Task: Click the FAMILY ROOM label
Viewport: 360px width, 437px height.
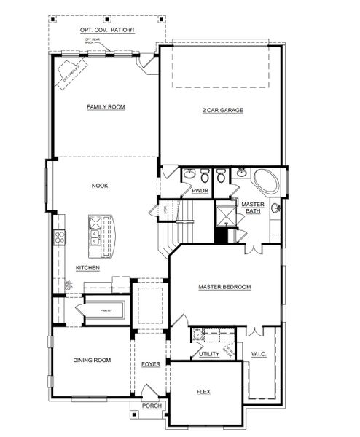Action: pos(106,107)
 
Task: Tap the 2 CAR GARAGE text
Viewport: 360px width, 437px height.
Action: pos(222,111)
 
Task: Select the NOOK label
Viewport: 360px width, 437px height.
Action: pos(100,186)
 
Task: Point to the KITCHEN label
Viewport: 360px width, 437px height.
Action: pos(87,268)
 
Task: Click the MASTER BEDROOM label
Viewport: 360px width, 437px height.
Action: pos(224,288)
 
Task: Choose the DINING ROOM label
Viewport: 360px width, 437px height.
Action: pos(92,360)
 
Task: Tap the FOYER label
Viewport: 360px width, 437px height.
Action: pos(151,363)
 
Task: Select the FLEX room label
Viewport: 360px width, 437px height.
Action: pos(203,392)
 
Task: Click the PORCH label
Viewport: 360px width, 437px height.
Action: pos(152,406)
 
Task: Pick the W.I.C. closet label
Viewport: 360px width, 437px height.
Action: pos(260,355)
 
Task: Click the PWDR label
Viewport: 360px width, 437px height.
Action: pos(200,191)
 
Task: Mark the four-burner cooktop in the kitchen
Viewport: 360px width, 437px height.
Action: pos(60,236)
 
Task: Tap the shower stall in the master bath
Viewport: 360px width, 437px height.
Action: pos(225,214)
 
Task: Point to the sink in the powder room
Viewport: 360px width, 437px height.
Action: pos(189,175)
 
